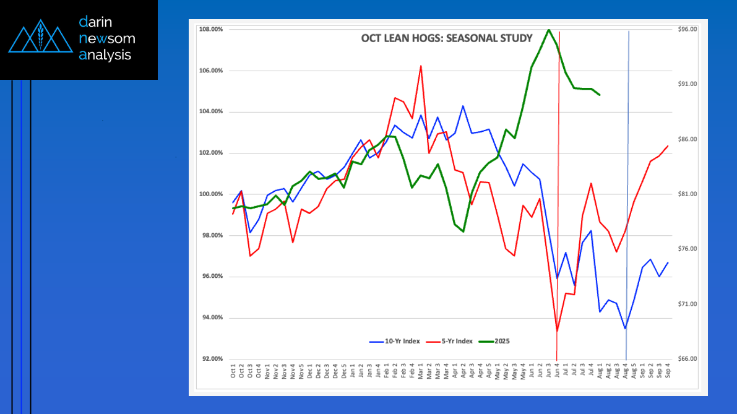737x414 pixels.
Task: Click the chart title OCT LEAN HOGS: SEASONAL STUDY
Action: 446,38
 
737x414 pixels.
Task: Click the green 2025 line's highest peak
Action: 548,30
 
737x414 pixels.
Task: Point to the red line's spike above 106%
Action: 421,66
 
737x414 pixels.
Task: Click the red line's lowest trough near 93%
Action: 557,331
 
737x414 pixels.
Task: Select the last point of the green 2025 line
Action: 600,95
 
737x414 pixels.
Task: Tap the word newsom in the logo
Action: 107,38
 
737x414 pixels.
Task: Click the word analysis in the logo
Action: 105,54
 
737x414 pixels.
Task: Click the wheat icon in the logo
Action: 40,37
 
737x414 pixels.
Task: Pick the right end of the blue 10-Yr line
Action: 668,262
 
